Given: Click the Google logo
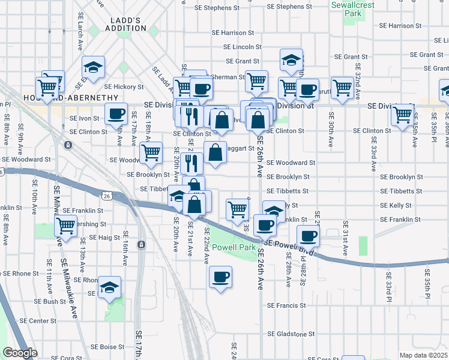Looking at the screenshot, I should click(20, 353).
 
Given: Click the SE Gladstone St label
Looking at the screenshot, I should click(291, 334).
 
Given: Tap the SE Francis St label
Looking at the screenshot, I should click(287, 305).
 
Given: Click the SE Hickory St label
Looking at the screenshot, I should click(121, 87).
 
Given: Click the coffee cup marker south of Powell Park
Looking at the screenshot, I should click(220, 277).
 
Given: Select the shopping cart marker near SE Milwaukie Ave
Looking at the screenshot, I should click(65, 226).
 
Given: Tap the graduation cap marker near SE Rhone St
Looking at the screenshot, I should click(109, 287).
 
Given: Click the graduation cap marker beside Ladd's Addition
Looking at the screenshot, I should click(93, 67).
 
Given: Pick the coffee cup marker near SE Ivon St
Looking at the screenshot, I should click(116, 113).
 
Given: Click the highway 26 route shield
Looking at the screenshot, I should click(106, 196).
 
